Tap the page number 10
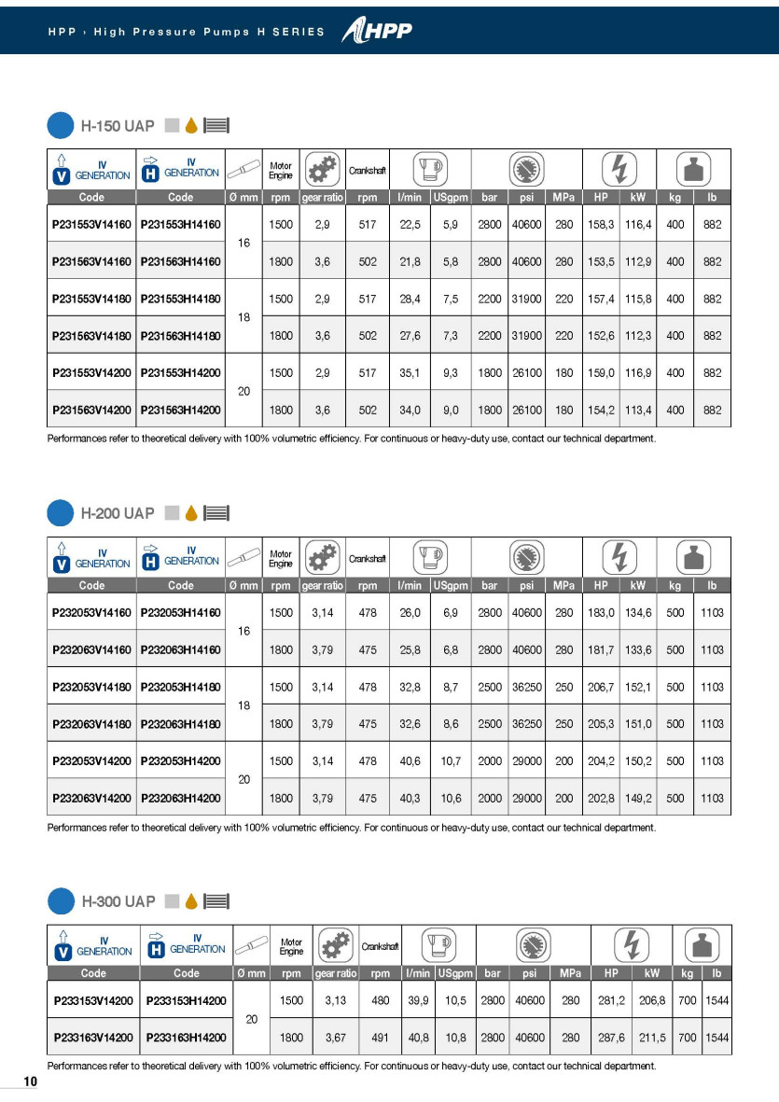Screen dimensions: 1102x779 coord(30,1081)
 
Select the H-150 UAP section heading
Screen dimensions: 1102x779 coord(118,125)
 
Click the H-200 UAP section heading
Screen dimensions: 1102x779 coord(118,513)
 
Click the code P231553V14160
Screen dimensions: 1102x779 coord(91,225)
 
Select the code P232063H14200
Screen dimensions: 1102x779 coord(181,798)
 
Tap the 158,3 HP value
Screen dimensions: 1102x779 coord(600,225)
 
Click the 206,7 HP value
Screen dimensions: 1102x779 coord(600,687)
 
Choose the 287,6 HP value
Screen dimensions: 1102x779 coord(611,1037)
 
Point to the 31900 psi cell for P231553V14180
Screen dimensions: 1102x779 coord(526,300)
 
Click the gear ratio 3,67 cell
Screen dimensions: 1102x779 coord(335,1037)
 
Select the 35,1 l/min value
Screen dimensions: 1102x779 coord(410,371)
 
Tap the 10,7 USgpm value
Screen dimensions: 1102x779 coord(451,760)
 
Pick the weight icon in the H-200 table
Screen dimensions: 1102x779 coord(694,558)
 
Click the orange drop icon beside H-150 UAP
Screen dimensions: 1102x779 coord(190,125)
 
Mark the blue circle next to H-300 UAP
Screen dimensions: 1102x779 coord(60,901)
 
